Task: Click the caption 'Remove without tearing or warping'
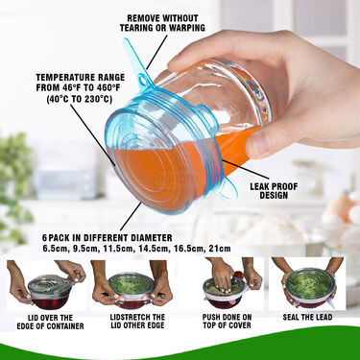click(x=162, y=23)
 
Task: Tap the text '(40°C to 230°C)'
click(x=80, y=99)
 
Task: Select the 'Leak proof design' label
click(x=274, y=191)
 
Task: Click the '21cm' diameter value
click(x=219, y=249)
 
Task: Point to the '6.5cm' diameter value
click(x=56, y=249)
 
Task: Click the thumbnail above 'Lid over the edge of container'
click(x=46, y=284)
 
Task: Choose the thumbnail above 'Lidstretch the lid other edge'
click(x=132, y=284)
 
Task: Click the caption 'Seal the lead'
click(x=307, y=318)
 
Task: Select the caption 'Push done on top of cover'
click(x=227, y=322)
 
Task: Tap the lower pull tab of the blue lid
click(x=227, y=192)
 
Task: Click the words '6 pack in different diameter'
click(x=108, y=238)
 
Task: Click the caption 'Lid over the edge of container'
click(x=50, y=322)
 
